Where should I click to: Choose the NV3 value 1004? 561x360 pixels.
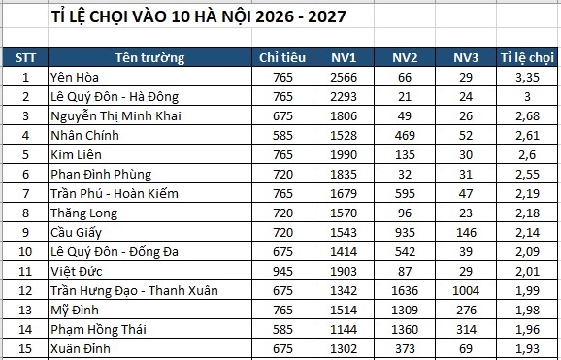[x=466, y=290]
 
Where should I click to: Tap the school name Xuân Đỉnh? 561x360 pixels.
[x=82, y=348]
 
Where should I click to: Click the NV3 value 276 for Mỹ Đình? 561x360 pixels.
[x=466, y=310]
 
